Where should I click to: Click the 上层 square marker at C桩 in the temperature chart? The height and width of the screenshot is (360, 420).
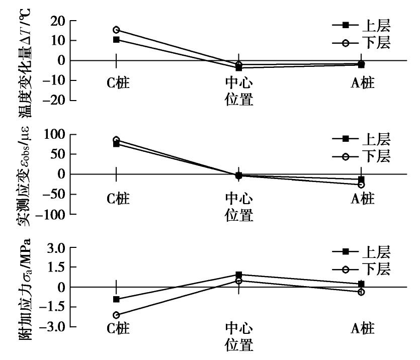click(116, 39)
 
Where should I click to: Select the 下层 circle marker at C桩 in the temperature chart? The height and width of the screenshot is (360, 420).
click(116, 30)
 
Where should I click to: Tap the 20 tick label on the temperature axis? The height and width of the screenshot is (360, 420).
click(59, 21)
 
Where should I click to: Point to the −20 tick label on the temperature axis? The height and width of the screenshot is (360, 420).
click(56, 100)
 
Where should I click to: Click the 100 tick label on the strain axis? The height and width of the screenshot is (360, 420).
click(56, 134)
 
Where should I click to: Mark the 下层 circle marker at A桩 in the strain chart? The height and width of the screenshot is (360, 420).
click(361, 185)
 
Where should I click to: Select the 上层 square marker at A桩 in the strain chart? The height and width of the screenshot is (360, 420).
click(361, 179)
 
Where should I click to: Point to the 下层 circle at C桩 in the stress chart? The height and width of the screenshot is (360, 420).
click(116, 315)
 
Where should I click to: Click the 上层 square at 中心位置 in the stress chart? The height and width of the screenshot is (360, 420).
click(239, 275)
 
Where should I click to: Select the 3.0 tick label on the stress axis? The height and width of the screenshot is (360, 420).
click(56, 248)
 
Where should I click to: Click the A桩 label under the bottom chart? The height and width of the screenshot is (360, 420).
click(362, 329)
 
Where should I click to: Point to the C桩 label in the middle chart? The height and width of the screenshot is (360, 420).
click(118, 199)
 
